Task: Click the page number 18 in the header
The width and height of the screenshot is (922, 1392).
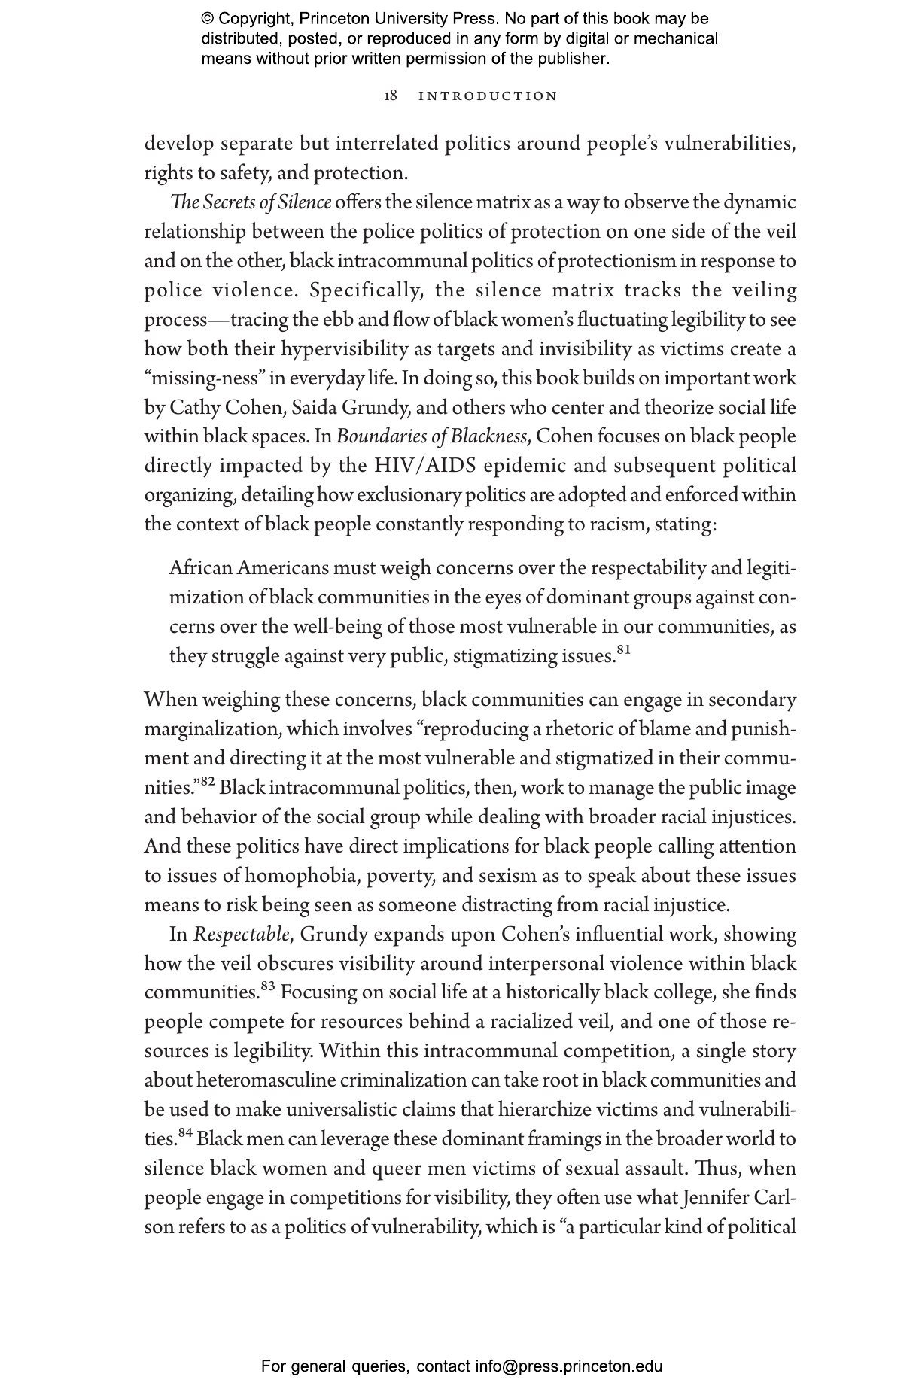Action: coord(391,96)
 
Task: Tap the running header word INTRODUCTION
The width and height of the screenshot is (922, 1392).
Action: coord(488,96)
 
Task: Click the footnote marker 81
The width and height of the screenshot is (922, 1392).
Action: coord(623,649)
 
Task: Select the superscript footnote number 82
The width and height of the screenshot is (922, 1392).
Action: coord(208,783)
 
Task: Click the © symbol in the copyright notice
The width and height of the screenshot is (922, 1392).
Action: coord(208,19)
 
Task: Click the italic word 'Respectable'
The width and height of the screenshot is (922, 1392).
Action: coord(241,935)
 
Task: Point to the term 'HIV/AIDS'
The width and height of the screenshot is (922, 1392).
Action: coord(425,466)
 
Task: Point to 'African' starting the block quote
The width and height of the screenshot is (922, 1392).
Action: coord(200,568)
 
